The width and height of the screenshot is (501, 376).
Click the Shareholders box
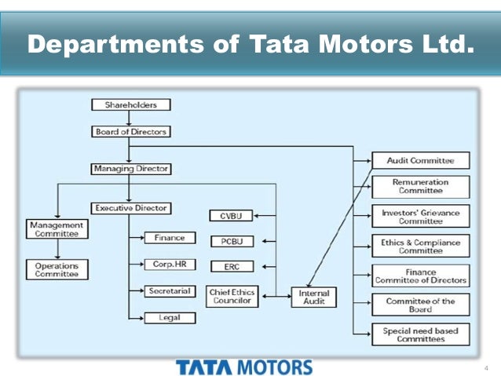click(131, 104)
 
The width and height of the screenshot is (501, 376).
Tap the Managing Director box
click(130, 169)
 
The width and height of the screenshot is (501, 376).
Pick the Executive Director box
click(131, 208)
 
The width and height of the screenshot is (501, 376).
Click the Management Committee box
click(57, 228)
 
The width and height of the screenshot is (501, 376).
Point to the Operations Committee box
click(57, 270)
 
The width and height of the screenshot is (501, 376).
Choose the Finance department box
click(170, 237)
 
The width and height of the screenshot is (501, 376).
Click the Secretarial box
click(170, 291)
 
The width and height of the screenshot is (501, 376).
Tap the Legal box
click(170, 318)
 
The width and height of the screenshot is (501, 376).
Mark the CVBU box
click(232, 216)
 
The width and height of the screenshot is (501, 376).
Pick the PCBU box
click(232, 241)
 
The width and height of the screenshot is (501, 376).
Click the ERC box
click(232, 267)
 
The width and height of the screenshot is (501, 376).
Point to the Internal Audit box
click(314, 297)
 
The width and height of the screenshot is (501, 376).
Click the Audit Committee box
click(420, 160)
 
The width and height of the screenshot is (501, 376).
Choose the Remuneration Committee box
click(420, 186)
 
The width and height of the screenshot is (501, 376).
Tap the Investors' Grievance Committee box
click(420, 216)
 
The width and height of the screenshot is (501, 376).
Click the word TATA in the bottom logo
click(205, 367)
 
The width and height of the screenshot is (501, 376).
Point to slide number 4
click(486, 367)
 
